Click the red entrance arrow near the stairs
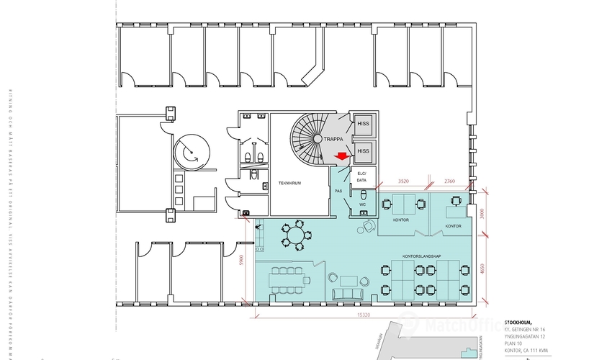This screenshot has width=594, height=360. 342,154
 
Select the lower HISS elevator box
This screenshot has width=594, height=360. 363,150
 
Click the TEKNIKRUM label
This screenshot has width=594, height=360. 290,184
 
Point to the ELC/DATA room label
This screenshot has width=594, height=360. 361,177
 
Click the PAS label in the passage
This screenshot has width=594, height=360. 338,191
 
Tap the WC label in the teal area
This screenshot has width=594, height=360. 362,205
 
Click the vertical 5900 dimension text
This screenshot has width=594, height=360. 243,261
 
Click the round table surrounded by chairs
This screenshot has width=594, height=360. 293,236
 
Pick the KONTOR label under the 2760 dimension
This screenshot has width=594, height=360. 453,226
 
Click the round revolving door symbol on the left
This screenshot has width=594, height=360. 192,152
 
